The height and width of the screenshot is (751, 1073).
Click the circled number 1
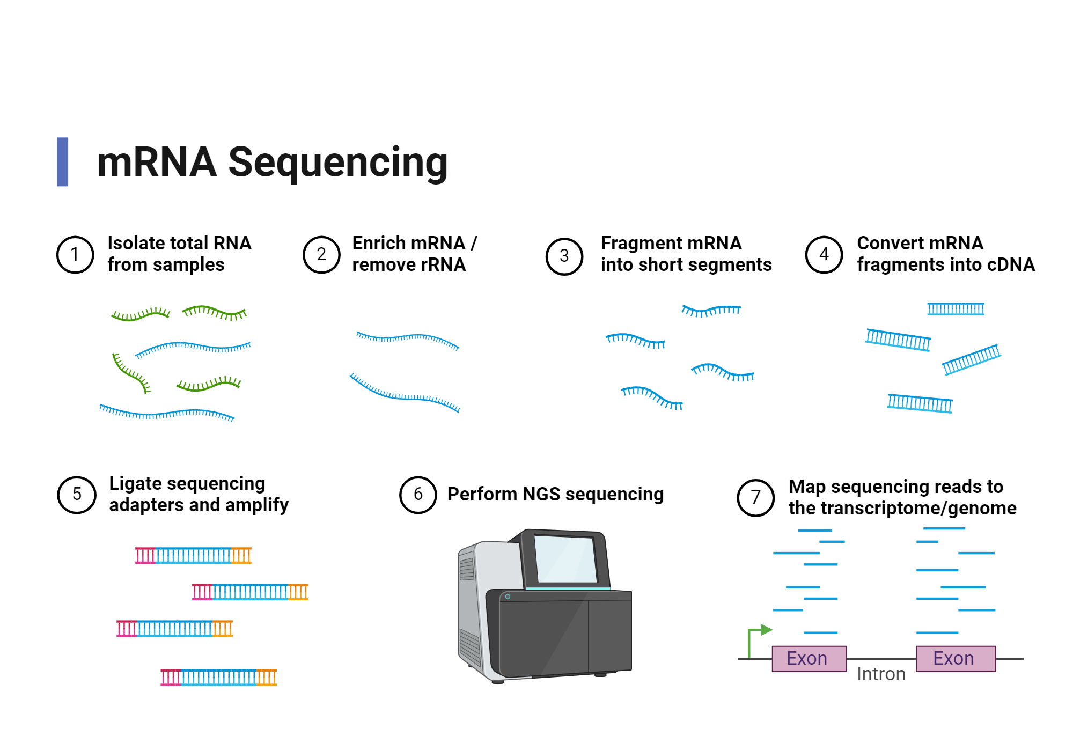(x=75, y=254)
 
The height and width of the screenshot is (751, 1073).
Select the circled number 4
(x=824, y=254)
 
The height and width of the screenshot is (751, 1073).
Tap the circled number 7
(x=755, y=497)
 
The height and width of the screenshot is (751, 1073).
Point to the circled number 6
(x=418, y=495)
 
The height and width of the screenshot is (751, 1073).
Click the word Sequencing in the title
(x=338, y=162)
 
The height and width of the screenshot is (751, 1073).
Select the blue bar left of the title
(x=63, y=162)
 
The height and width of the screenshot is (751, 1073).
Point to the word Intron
(x=881, y=674)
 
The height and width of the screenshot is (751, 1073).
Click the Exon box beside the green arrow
(x=809, y=658)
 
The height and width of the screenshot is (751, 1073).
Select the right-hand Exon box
(x=956, y=658)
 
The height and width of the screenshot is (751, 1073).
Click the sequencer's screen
(x=565, y=559)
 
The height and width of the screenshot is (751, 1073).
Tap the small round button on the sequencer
(x=508, y=597)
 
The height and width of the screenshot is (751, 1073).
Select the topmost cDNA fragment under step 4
(x=956, y=309)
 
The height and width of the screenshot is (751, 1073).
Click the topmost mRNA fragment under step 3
(x=711, y=311)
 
